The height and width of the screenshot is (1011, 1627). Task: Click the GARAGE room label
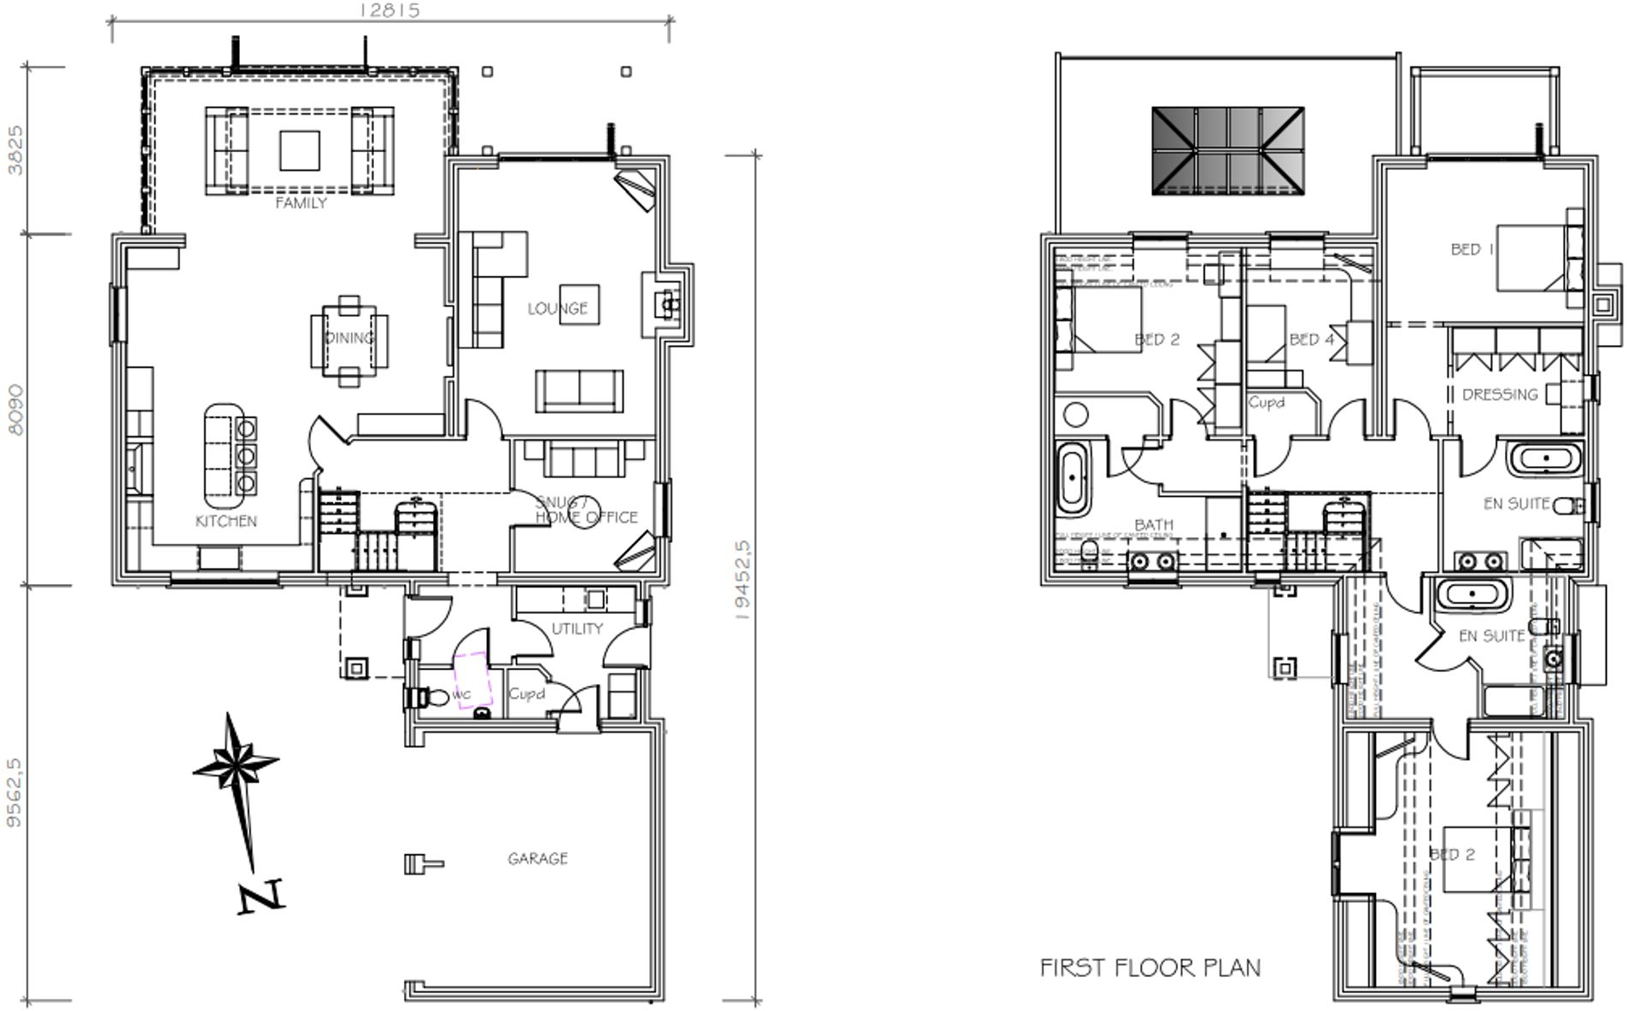click(x=537, y=858)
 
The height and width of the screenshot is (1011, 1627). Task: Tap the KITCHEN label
click(x=225, y=521)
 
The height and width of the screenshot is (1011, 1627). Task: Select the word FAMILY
click(x=301, y=203)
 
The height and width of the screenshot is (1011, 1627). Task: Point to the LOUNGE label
click(x=557, y=308)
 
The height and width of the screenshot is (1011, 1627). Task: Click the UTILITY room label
click(x=576, y=628)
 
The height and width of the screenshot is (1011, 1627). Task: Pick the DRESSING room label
click(x=1500, y=394)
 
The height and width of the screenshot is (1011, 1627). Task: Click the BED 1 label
click(x=1472, y=249)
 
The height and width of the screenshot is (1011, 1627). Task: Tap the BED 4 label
click(x=1311, y=339)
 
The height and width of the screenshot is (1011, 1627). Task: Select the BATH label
click(x=1153, y=524)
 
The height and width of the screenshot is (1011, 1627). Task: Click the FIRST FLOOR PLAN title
click(x=1150, y=967)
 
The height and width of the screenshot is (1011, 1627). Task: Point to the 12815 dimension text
click(x=389, y=10)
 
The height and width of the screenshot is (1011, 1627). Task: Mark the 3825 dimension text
click(x=15, y=149)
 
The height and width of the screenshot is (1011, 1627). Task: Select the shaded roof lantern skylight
click(x=1227, y=150)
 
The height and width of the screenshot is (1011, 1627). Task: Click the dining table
click(x=348, y=339)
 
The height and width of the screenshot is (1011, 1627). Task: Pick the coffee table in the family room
click(x=299, y=150)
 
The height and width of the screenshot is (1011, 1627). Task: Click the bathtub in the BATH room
click(x=1072, y=478)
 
